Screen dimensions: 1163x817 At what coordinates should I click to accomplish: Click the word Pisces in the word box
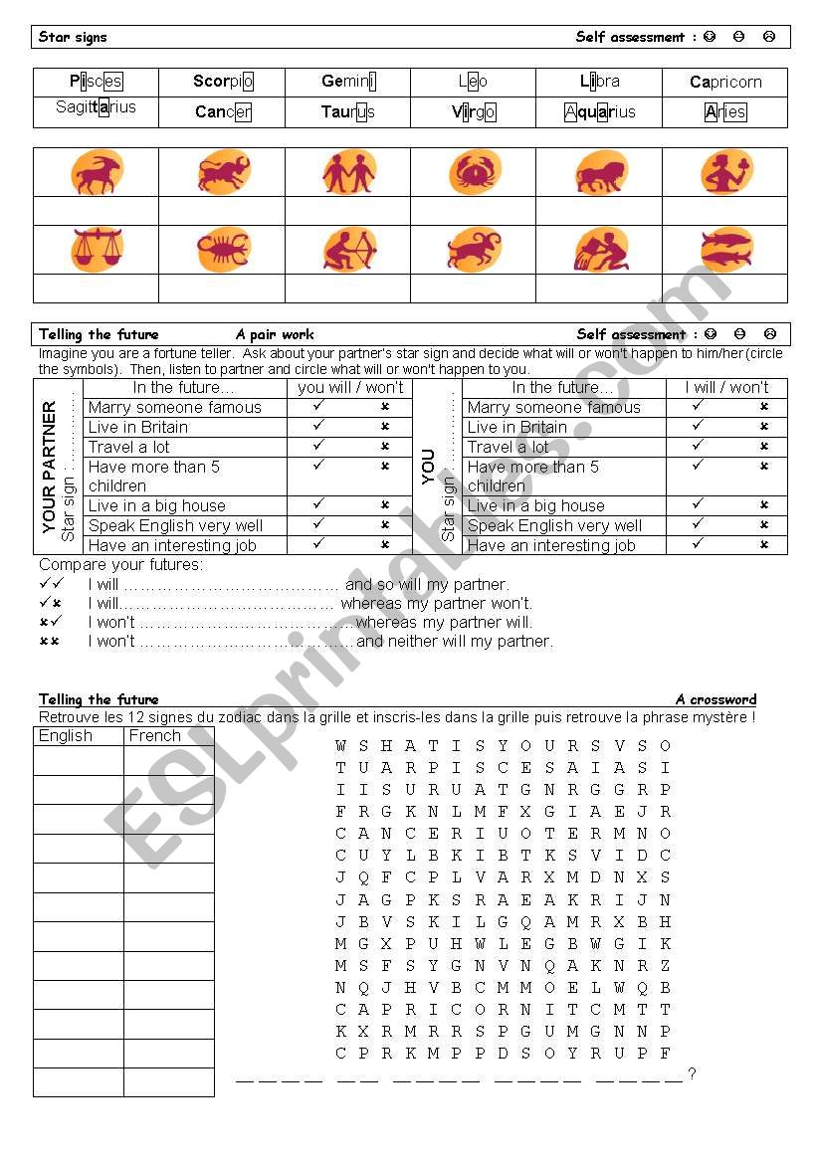tap(97, 82)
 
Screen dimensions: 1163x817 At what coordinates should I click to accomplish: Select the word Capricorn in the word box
tap(725, 82)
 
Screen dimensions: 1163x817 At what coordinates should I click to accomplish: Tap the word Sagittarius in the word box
tap(97, 107)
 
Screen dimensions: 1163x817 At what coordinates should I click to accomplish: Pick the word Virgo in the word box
tap(474, 111)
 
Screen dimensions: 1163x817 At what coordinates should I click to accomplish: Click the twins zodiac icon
tap(348, 172)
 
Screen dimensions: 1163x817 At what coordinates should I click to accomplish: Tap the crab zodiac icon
tap(474, 172)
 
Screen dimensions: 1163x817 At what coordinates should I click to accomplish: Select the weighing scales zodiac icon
tap(97, 249)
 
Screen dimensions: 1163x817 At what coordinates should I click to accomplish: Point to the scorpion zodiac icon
tap(223, 249)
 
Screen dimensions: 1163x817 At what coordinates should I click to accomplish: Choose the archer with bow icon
tap(348, 249)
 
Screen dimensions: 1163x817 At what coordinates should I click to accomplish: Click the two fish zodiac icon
tap(725, 249)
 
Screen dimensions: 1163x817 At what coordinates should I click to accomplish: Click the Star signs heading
tap(73, 37)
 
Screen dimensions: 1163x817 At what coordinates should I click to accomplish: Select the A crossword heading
tap(715, 699)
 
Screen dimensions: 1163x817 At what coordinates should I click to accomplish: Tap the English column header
tap(66, 736)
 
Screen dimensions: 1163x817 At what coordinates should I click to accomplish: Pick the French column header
tap(155, 736)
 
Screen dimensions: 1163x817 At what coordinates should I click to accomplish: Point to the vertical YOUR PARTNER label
tap(50, 468)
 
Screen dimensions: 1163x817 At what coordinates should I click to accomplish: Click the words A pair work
tap(275, 334)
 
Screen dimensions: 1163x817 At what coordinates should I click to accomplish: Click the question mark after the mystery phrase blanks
tap(692, 1073)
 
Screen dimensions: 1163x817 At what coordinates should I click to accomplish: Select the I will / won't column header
tap(726, 388)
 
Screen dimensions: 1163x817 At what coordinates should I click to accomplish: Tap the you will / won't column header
tap(350, 388)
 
